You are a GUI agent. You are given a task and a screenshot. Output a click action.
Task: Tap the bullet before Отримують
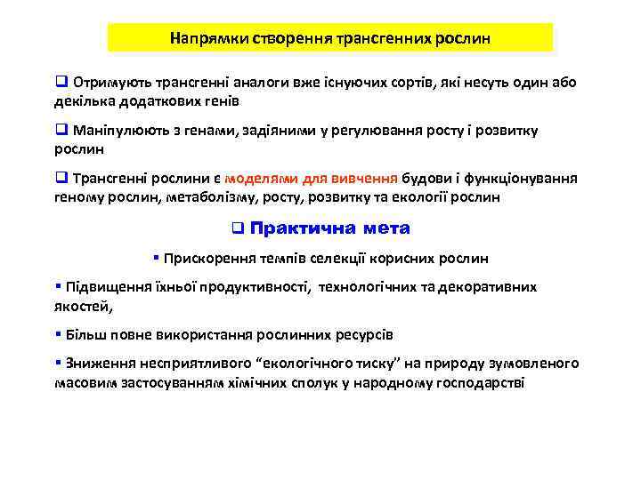point(61,83)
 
